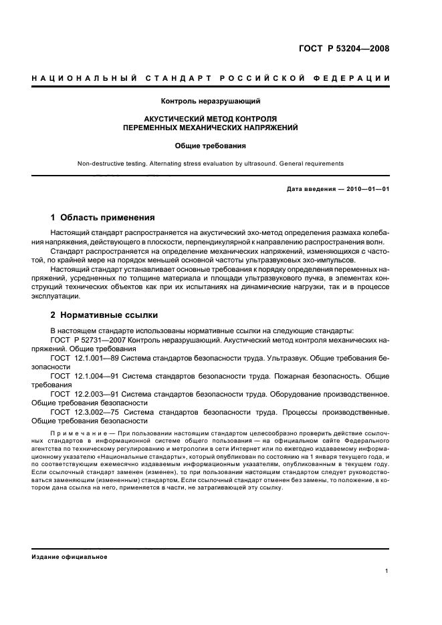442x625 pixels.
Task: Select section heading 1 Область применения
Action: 103,218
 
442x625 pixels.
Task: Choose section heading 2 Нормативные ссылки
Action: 104,315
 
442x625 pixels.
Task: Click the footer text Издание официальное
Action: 70,556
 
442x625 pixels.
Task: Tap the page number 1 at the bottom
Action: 387,570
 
